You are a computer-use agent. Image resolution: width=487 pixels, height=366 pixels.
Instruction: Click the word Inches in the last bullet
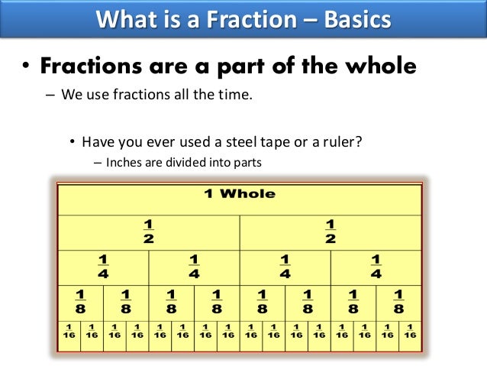(126, 162)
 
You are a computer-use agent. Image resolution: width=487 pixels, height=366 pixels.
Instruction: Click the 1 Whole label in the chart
(240, 194)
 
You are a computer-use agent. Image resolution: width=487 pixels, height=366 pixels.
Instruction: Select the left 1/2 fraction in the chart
(149, 230)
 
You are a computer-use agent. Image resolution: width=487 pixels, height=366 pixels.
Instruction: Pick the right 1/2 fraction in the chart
(330, 230)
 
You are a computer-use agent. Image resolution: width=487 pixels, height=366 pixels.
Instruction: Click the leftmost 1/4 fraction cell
(103, 266)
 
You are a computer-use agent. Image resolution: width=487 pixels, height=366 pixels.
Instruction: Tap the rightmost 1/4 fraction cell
(376, 266)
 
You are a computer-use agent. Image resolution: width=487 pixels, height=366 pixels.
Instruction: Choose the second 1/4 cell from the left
(194, 266)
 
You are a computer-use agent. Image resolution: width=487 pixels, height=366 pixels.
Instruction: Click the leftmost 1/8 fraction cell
(81, 301)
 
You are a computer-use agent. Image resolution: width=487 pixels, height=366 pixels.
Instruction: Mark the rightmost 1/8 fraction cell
(398, 301)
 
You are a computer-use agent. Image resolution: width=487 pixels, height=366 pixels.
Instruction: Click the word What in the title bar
(124, 18)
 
